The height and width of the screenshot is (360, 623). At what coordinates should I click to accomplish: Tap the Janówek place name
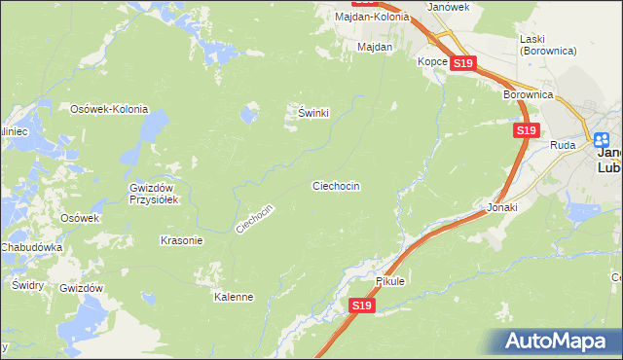[x=449, y=6]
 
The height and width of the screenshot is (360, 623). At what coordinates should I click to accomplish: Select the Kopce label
[x=432, y=61]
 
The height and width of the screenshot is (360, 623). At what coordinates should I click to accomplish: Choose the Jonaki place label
[x=502, y=207]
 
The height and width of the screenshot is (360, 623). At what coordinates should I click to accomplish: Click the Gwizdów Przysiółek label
[x=151, y=195]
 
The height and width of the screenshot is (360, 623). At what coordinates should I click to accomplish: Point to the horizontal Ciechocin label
[x=336, y=185]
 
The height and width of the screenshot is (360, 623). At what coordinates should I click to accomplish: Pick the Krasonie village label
[x=180, y=240]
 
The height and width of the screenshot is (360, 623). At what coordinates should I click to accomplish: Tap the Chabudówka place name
[x=32, y=248]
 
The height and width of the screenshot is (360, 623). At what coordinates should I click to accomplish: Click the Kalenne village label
[x=234, y=297]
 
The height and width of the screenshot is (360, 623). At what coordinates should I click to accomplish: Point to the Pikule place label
[x=390, y=281]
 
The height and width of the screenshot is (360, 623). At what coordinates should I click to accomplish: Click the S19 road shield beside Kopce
[x=462, y=63]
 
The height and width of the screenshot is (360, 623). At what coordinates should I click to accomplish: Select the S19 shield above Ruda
[x=526, y=129]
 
